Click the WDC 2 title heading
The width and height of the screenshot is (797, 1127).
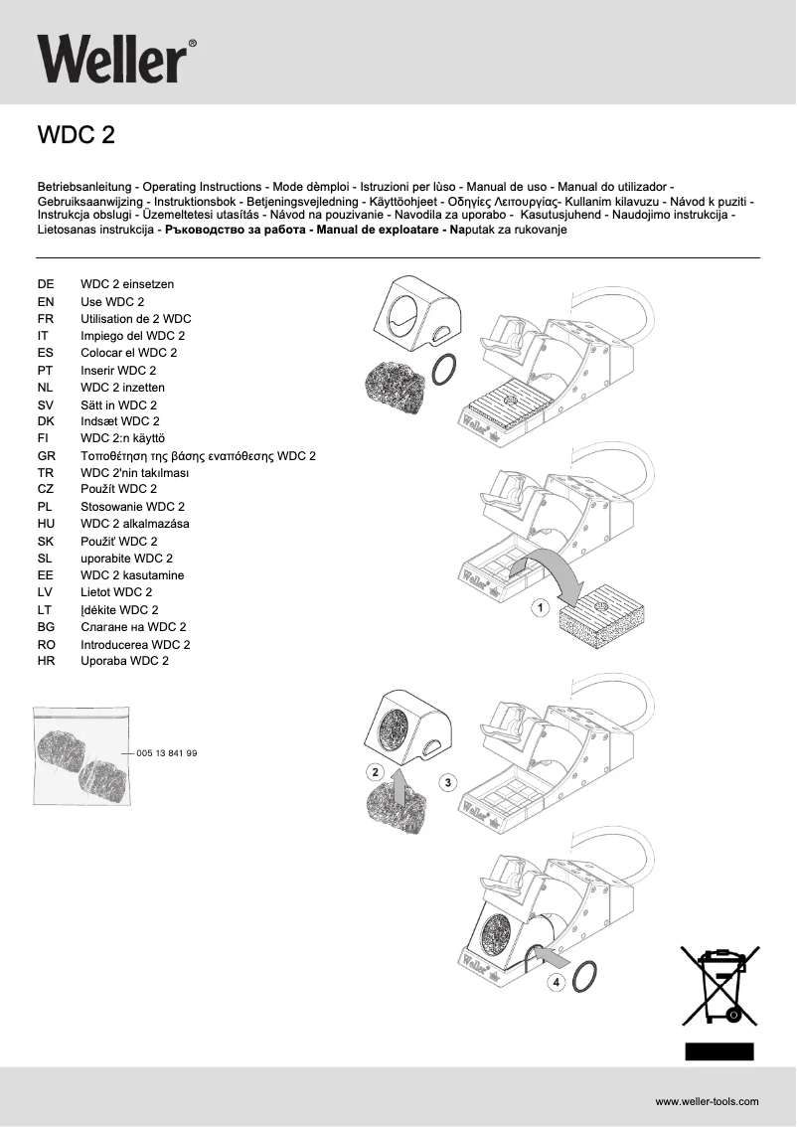click(x=76, y=135)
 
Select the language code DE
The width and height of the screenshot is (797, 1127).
click(x=45, y=284)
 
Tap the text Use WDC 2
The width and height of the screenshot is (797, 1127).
click(x=112, y=301)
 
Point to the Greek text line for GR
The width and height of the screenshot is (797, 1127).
click(x=198, y=455)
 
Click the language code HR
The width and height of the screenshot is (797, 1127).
click(x=45, y=661)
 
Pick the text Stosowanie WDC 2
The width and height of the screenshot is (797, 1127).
click(x=132, y=507)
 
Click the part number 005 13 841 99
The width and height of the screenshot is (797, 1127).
click(x=166, y=753)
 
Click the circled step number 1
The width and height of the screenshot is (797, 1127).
click(x=540, y=606)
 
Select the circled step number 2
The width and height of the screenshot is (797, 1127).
click(x=374, y=771)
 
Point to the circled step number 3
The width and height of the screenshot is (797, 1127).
click(x=448, y=783)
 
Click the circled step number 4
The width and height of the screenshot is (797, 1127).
click(x=556, y=982)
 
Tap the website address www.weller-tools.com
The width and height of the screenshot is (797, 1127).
click(x=707, y=1101)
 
